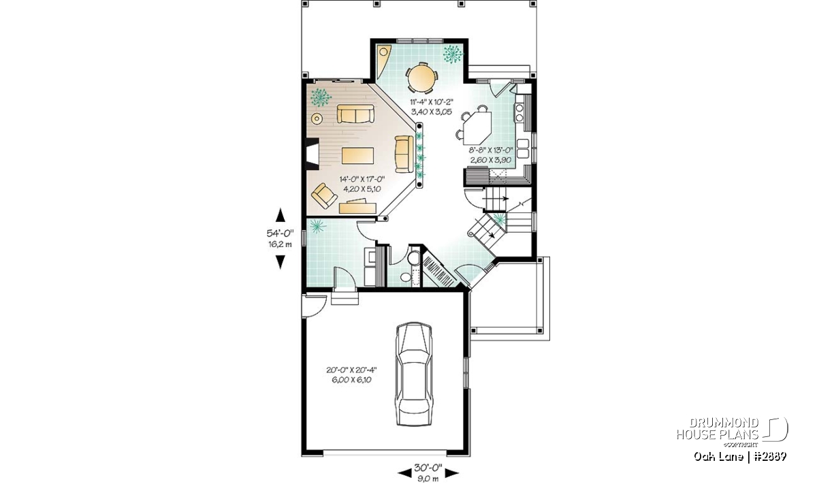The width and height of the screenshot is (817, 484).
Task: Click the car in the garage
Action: (414, 374)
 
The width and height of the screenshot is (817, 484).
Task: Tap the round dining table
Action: (421, 78)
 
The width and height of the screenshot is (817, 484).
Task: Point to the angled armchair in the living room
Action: (324, 195)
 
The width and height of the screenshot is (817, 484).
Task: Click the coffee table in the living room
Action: (358, 156)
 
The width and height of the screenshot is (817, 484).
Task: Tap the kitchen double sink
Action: (523, 148)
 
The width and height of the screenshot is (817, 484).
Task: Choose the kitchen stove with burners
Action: (519, 112)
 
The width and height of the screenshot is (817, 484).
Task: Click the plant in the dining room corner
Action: (453, 54)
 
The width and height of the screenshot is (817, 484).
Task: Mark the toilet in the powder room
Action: (414, 258)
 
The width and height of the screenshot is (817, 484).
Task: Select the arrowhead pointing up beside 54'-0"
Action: (280, 215)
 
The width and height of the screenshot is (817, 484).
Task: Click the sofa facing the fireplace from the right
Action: (404, 154)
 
